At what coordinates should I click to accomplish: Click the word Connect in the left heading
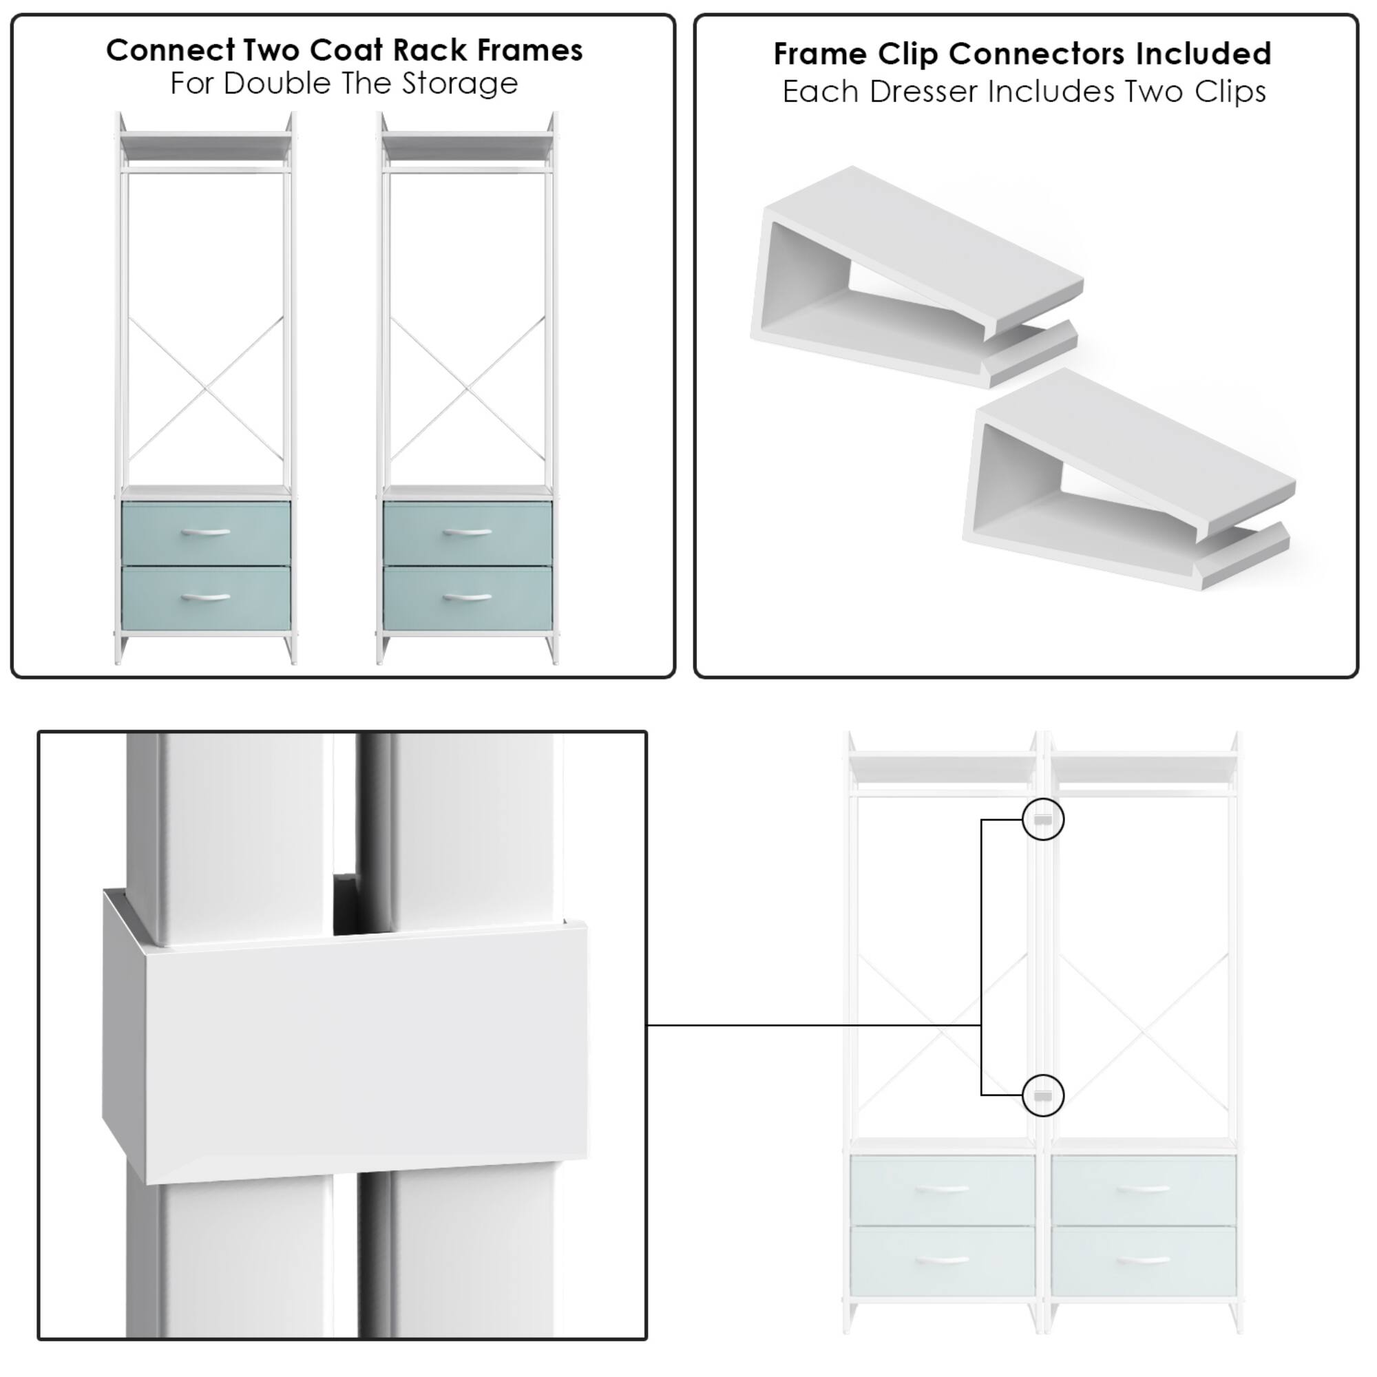[170, 50]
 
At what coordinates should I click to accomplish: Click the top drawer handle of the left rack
[206, 532]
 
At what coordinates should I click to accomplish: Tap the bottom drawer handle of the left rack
[206, 596]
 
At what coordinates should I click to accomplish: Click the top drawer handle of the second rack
[467, 532]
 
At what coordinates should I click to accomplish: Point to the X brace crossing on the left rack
[206, 388]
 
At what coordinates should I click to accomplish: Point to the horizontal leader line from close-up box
[812, 1026]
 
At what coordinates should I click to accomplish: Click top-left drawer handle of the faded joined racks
[943, 1190]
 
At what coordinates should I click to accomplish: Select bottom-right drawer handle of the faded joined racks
[1143, 1260]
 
